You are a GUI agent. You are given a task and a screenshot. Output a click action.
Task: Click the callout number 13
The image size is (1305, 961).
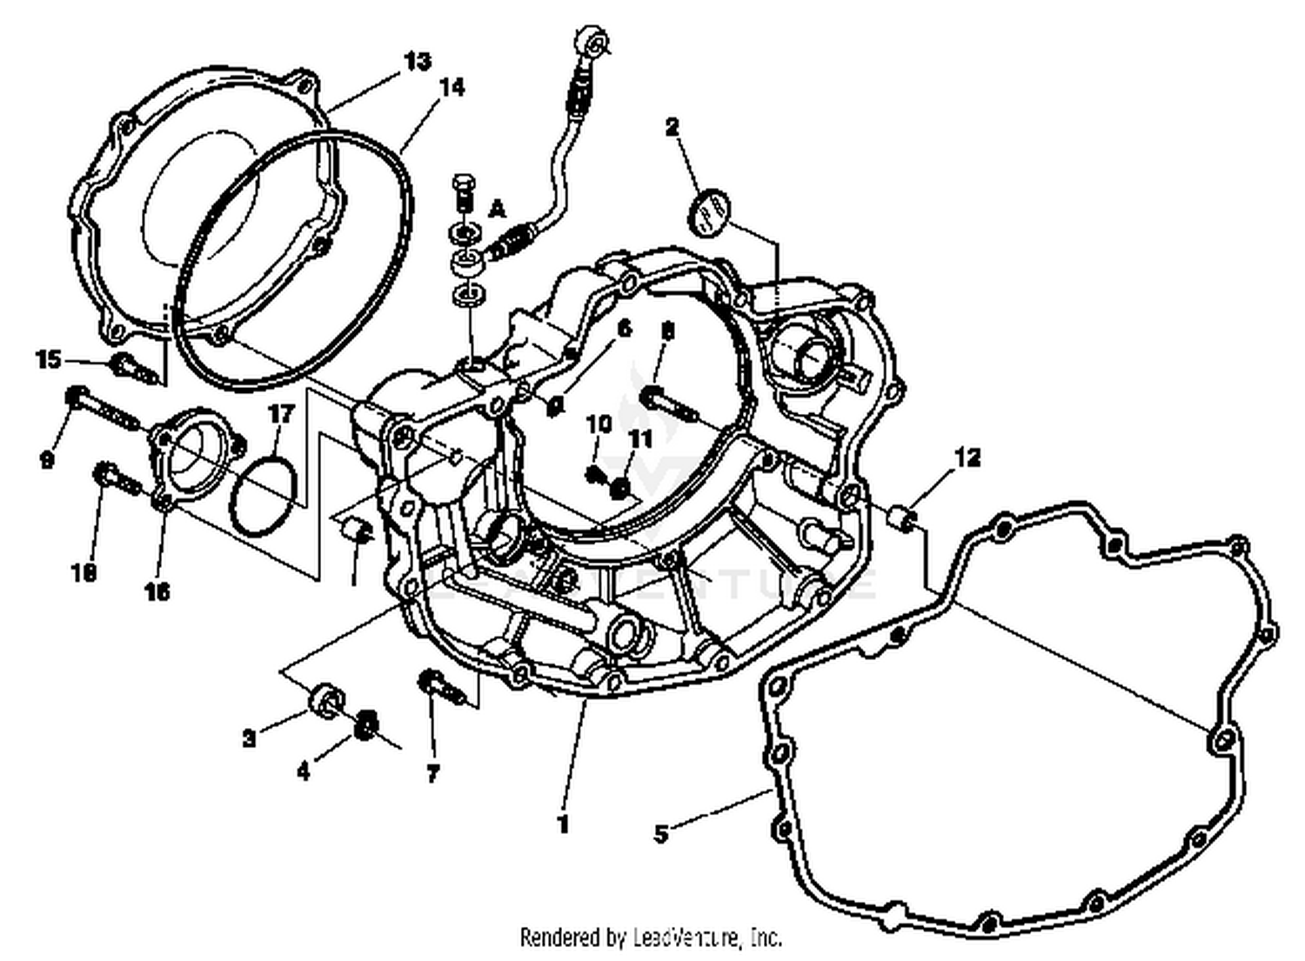pyautogui.click(x=417, y=61)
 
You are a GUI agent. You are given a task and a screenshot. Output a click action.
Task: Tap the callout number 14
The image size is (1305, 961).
pyautogui.click(x=452, y=87)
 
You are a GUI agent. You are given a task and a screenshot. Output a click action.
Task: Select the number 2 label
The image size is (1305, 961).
pyautogui.click(x=672, y=127)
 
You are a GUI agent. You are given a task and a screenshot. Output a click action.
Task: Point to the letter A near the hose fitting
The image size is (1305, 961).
pyautogui.click(x=497, y=208)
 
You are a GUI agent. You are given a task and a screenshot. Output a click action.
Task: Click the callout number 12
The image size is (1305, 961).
pyautogui.click(x=967, y=457)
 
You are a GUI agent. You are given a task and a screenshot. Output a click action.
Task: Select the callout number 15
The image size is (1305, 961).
pyautogui.click(x=49, y=358)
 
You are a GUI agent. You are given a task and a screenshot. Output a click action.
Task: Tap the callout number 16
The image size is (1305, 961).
pyautogui.click(x=157, y=591)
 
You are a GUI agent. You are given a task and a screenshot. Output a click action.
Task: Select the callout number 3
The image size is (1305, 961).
pyautogui.click(x=250, y=738)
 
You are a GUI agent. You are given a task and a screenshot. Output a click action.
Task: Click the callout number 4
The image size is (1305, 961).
pyautogui.click(x=303, y=771)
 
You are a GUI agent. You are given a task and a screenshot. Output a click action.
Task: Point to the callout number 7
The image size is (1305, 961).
pyautogui.click(x=432, y=773)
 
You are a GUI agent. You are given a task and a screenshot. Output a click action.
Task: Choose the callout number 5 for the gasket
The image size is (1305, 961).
pyautogui.click(x=661, y=834)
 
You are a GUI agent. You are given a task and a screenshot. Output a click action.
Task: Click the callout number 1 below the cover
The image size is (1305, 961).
pyautogui.click(x=563, y=824)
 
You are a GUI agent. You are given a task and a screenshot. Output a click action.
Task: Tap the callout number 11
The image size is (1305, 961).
pyautogui.click(x=640, y=440)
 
